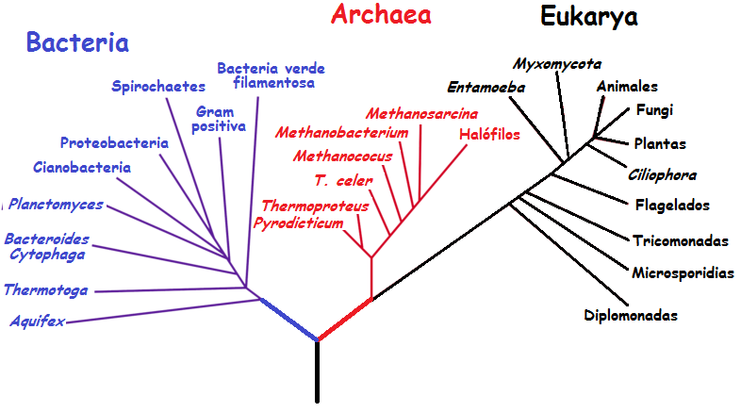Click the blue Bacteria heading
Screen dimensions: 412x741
pyautogui.click(x=77, y=42)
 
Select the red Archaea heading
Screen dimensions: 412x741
pyautogui.click(x=381, y=14)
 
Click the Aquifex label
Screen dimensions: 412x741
pyautogui.click(x=38, y=321)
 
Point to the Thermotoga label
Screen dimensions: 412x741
pyautogui.click(x=45, y=289)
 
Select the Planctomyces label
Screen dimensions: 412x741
pyautogui.click(x=57, y=204)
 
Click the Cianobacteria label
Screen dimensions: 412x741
pyautogui.click(x=81, y=168)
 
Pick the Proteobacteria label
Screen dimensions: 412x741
pyautogui.click(x=114, y=143)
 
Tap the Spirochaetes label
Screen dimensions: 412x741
pyautogui.click(x=158, y=87)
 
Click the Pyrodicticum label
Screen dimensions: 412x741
pyautogui.click(x=298, y=222)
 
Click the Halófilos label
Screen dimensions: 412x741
pyautogui.click(x=489, y=134)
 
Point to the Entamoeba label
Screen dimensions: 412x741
pyautogui.click(x=486, y=88)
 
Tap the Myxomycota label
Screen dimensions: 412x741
pyautogui.click(x=557, y=64)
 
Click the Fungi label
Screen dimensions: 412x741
pyautogui.click(x=654, y=109)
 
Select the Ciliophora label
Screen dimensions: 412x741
pyautogui.click(x=662, y=175)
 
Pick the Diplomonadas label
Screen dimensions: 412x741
pyautogui.click(x=631, y=315)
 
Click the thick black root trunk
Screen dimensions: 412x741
pyautogui.click(x=317, y=372)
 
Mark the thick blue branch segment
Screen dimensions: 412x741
pyautogui.click(x=288, y=320)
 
